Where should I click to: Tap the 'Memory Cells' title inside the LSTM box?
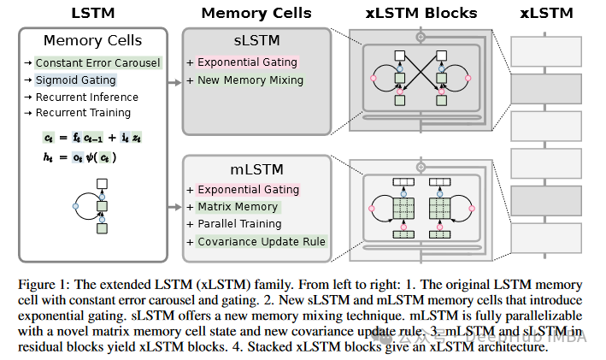pos(94,41)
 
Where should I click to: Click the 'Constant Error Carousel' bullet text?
pos(98,63)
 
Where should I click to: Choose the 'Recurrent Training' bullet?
pos(83,113)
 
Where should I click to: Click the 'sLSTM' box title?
pos(256,41)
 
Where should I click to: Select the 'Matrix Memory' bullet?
pos(238,206)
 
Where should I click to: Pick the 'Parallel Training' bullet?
pos(239,224)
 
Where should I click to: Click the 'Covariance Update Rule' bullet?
pos(262,241)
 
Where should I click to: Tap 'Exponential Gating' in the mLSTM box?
pos(249,189)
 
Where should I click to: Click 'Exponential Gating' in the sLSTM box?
pos(249,62)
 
